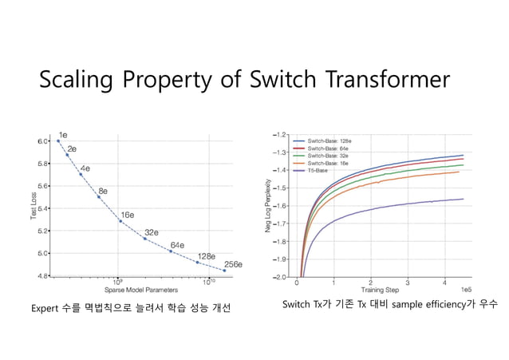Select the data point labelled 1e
tap(58, 141)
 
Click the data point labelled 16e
tap(120, 220)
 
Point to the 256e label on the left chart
tap(232, 263)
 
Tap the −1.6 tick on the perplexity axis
tap(282, 206)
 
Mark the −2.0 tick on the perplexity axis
tap(282, 277)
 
